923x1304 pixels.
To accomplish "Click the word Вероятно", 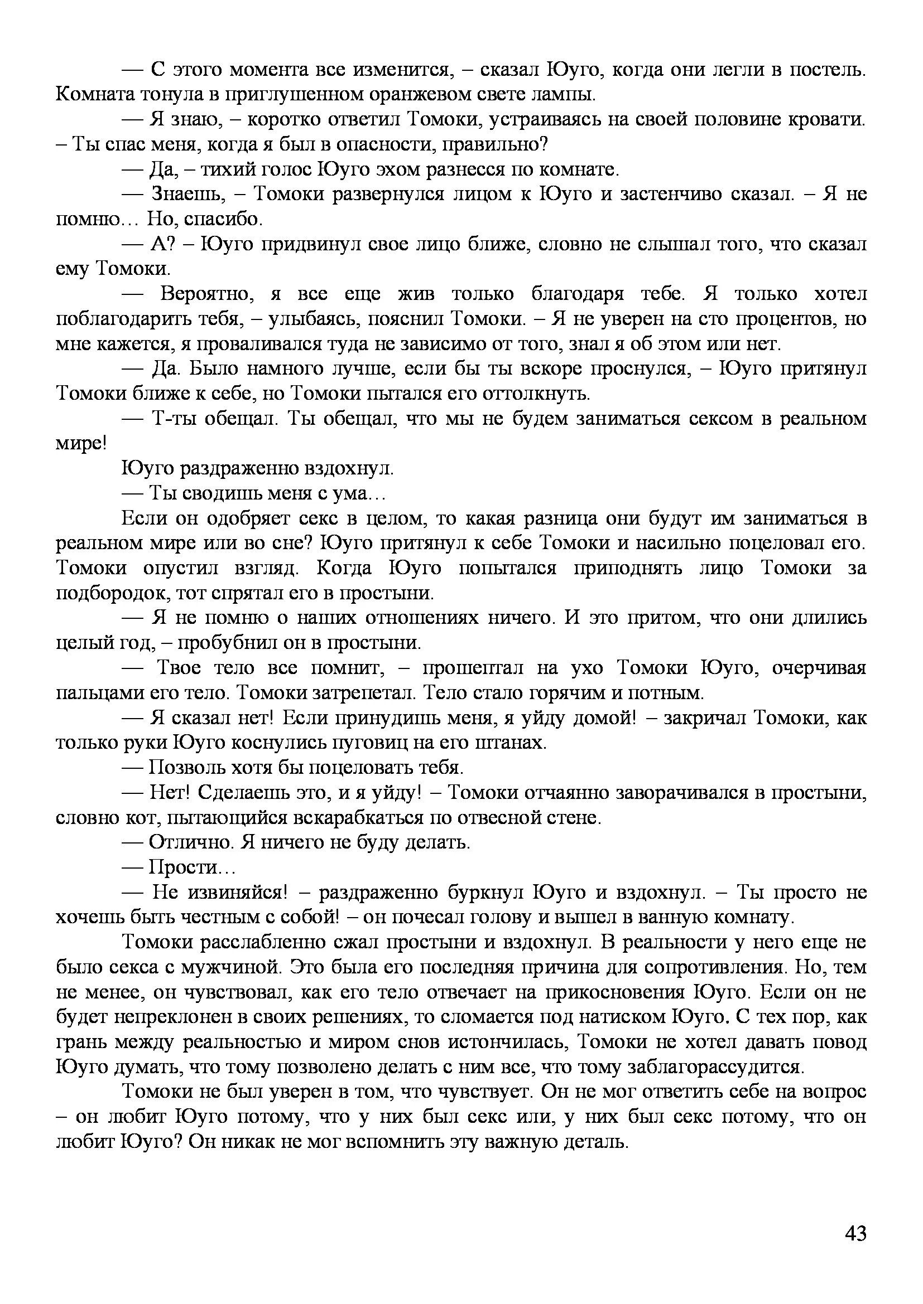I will [x=207, y=294].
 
